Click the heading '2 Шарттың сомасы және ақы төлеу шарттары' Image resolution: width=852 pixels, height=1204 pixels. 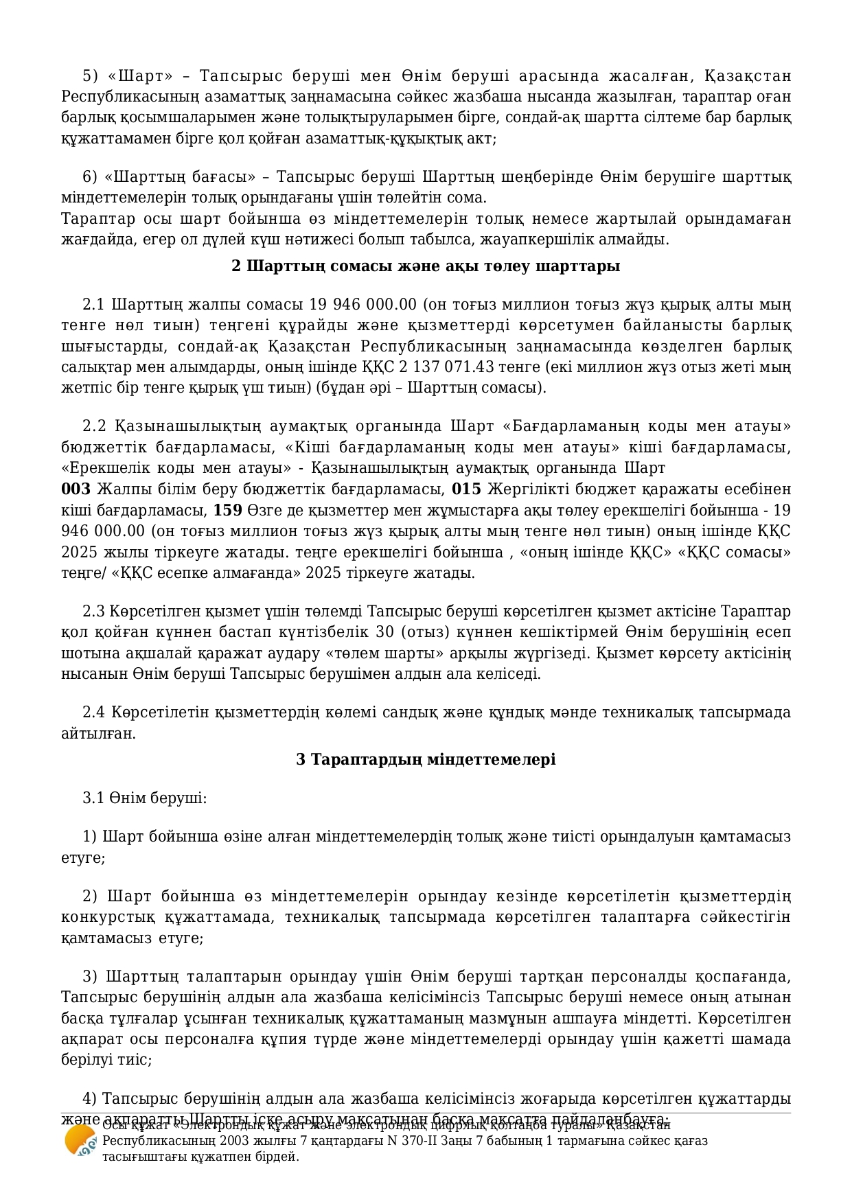point(426,266)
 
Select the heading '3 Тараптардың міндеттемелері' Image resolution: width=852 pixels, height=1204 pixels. point(426,759)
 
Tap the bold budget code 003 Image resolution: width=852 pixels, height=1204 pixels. point(76,489)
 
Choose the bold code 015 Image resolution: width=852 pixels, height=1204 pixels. point(467,489)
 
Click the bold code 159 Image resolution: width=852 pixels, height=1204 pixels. point(227,510)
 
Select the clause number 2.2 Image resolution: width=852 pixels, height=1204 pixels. point(94,426)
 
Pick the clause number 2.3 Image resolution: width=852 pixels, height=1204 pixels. point(93,611)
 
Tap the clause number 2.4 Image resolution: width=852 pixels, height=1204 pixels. point(93,712)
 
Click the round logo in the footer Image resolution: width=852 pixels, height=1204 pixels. point(80,1141)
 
